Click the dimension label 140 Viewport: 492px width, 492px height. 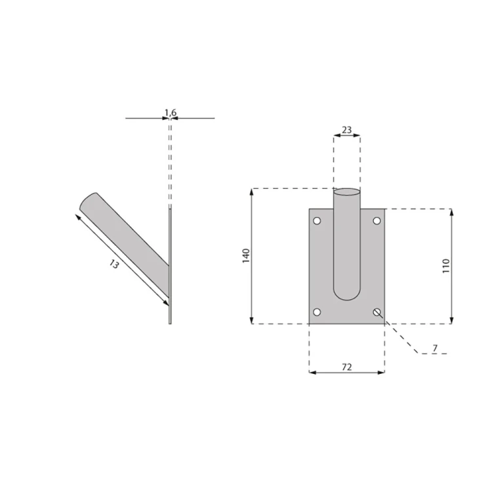click(246, 255)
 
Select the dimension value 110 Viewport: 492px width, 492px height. click(446, 266)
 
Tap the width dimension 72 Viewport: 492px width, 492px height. click(346, 367)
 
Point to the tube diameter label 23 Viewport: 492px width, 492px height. click(347, 130)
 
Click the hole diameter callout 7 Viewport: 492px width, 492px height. click(435, 348)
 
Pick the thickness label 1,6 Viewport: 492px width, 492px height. click(171, 112)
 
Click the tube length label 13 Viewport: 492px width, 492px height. click(114, 264)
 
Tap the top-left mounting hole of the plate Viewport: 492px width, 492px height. click(317, 221)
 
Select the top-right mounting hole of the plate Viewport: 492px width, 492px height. click(377, 221)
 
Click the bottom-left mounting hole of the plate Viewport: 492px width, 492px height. click(317, 312)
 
